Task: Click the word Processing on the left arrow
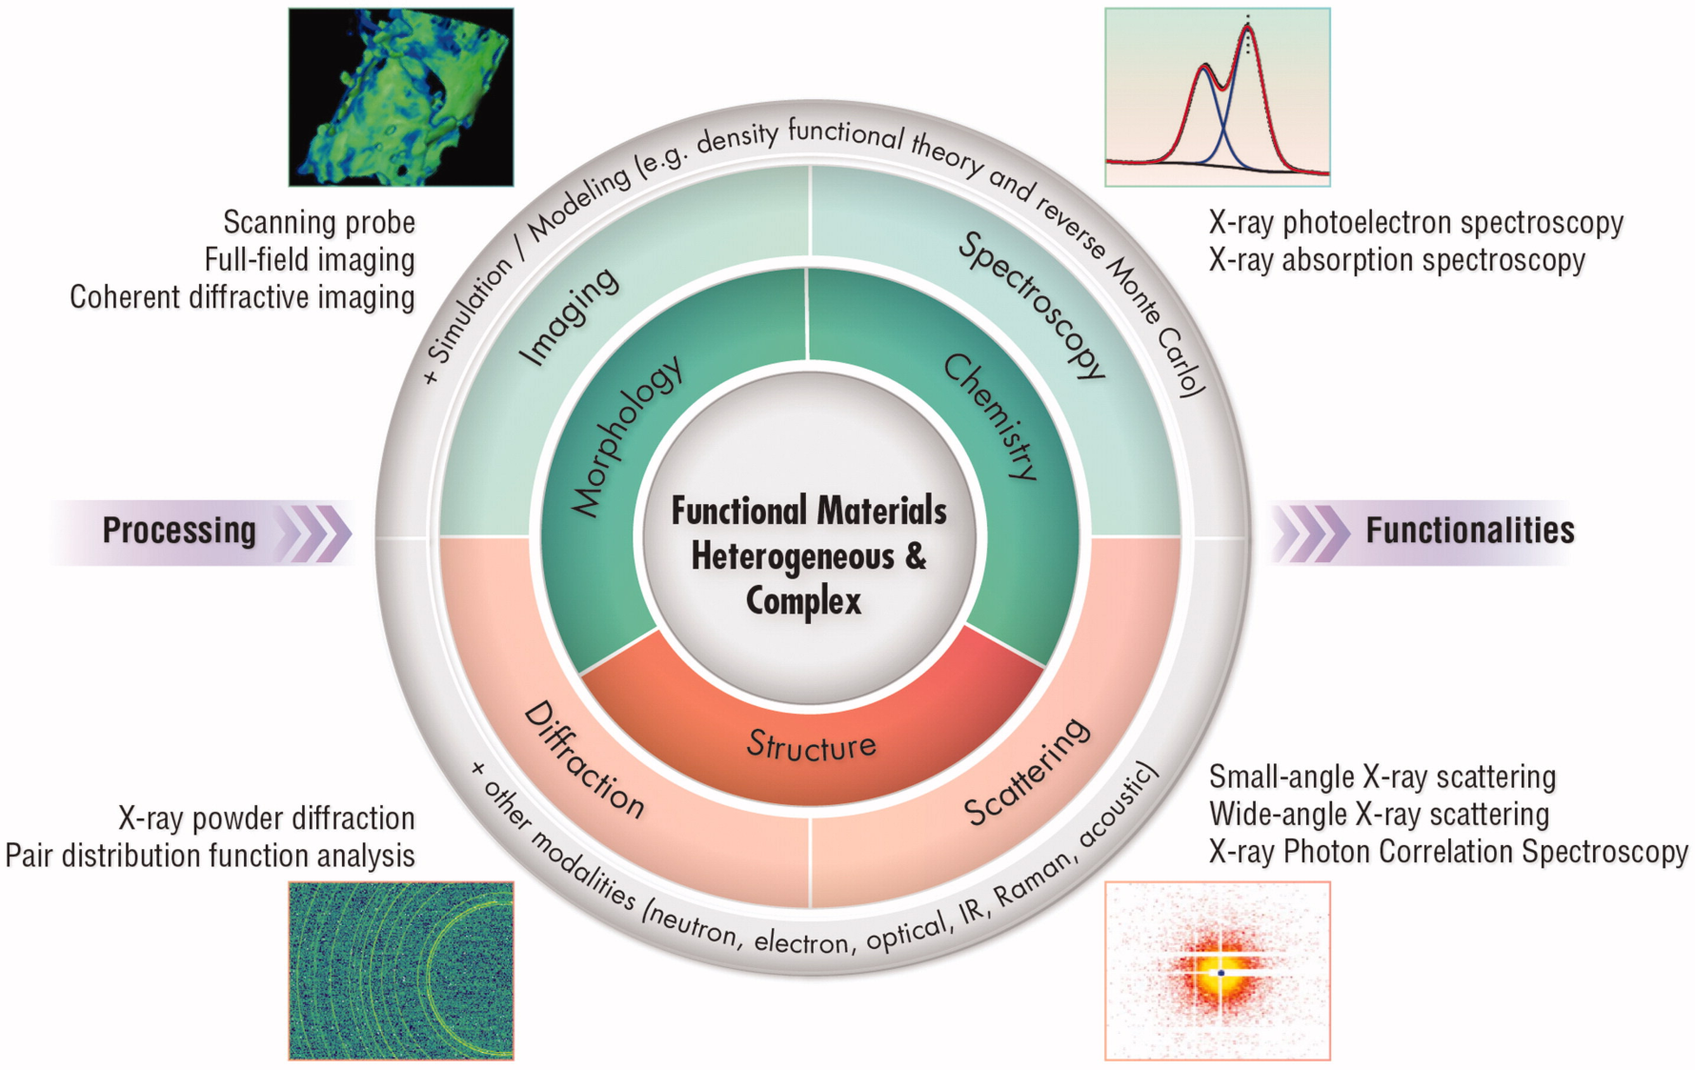(179, 531)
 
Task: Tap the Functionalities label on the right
(1470, 531)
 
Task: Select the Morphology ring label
(626, 436)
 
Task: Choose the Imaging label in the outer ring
(569, 316)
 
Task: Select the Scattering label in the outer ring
(1027, 772)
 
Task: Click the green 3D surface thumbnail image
(401, 97)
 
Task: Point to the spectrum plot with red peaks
(1217, 97)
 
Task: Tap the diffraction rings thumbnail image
(401, 970)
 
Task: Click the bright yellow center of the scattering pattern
(1221, 973)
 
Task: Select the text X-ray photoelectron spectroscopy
(1416, 223)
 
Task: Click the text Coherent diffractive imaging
(242, 297)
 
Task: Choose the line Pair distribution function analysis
(210, 856)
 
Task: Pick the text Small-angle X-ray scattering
(1382, 777)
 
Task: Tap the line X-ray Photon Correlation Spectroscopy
(1448, 852)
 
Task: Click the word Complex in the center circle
(803, 601)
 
